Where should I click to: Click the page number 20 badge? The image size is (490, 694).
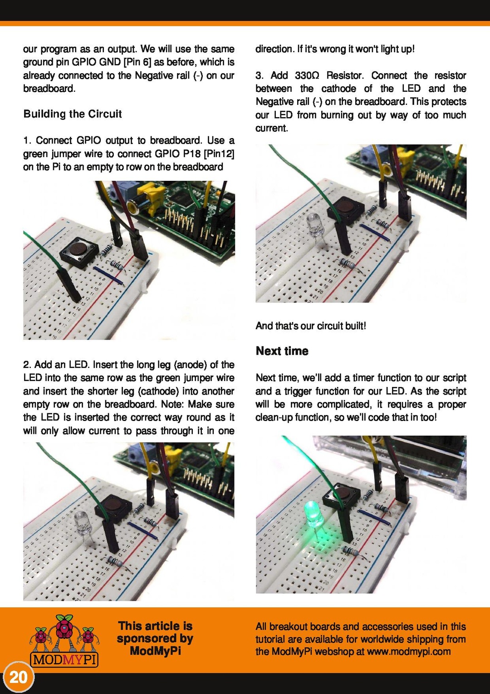pos(18,677)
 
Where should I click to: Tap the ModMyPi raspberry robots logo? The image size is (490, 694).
pos(64,640)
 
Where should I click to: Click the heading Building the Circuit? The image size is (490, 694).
pos(73,114)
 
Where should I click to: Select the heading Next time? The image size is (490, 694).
pos(282,351)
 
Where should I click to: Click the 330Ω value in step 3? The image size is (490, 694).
pos(307,75)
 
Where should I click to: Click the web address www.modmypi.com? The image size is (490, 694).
pos(408,652)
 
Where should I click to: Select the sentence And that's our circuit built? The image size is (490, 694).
pos(311,326)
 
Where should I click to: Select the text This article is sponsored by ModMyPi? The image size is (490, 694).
pos(155,638)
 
